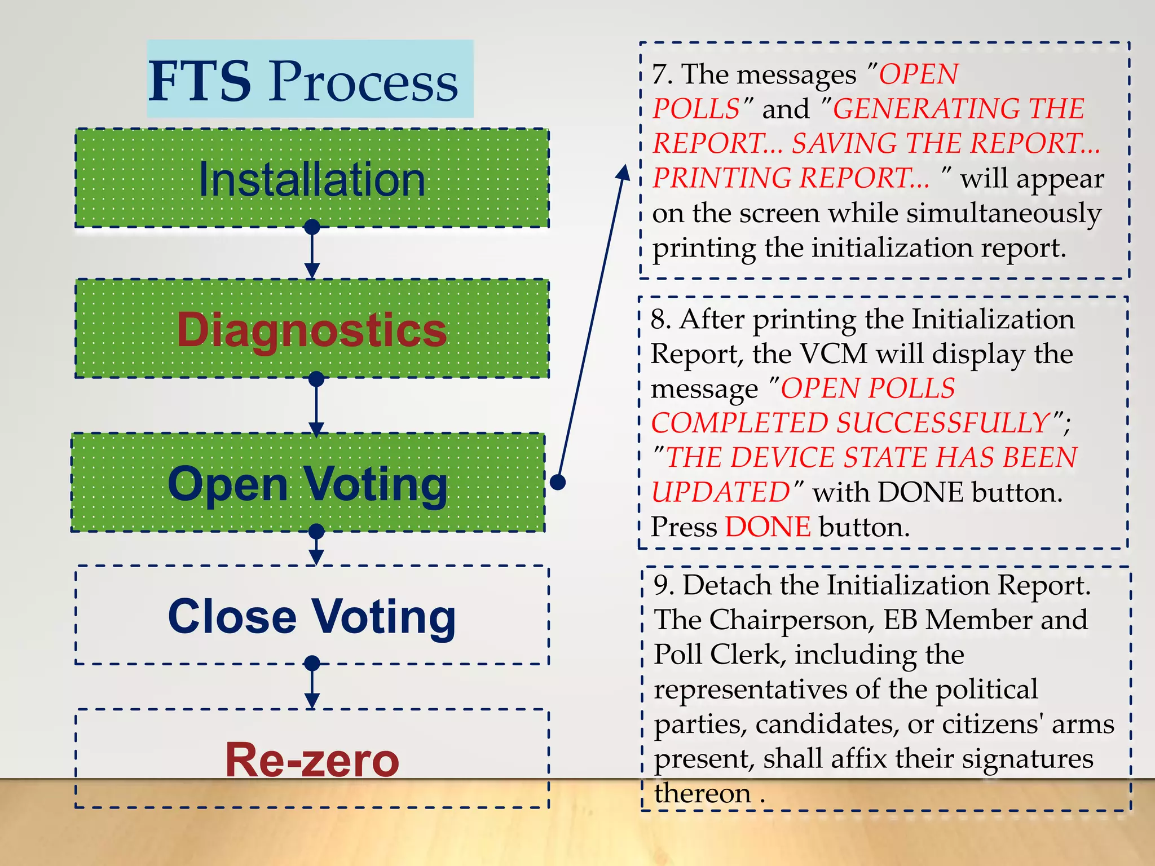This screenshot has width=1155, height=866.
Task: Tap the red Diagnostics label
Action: tap(312, 330)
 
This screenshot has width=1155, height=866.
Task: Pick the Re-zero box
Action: tap(312, 759)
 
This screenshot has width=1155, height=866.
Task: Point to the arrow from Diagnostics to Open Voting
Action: tap(316, 406)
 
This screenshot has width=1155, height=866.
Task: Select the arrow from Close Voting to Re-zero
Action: tap(312, 687)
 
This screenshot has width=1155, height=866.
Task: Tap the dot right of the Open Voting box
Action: tap(558, 482)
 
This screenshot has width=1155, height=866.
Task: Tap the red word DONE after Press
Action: tap(768, 528)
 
